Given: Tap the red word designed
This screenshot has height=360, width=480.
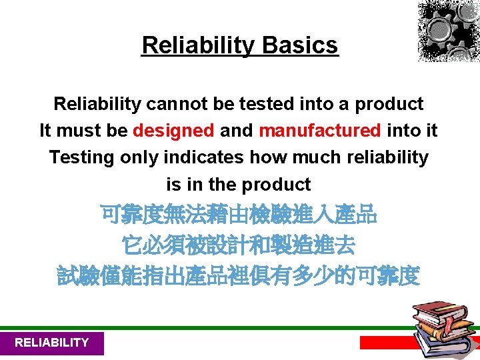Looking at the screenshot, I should [x=173, y=131].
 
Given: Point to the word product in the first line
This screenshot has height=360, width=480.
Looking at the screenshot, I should [x=389, y=104].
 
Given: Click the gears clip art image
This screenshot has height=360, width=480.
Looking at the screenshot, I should [x=448, y=31].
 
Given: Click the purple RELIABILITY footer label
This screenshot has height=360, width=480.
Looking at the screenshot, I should [x=51, y=343].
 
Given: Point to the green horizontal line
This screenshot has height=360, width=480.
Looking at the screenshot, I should [x=200, y=328].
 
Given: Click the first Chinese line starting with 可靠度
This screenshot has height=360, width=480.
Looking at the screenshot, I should [x=239, y=216].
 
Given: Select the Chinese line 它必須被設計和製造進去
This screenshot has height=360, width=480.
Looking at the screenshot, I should [x=239, y=246].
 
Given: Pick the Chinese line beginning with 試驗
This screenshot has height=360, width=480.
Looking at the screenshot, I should [x=239, y=275].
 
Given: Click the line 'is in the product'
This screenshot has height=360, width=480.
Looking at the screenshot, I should [x=239, y=184].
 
